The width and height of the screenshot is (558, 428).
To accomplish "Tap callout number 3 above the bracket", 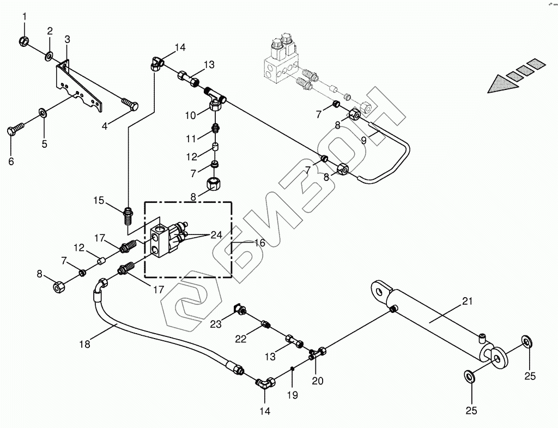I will coord(67,39).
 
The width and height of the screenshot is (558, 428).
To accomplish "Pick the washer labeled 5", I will coord(43,113).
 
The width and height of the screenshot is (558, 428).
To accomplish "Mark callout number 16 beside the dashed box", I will coord(259,243).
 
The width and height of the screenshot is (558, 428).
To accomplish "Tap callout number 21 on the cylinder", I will coord(468,301).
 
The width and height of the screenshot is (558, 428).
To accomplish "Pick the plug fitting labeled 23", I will coord(239,310).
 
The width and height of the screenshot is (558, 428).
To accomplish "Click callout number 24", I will coord(216,235).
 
